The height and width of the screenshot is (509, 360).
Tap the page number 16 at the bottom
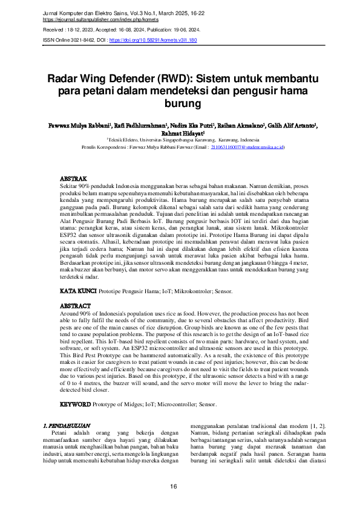(x=174, y=486)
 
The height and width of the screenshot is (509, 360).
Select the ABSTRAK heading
(x=76, y=180)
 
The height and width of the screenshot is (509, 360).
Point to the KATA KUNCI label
(x=78, y=291)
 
